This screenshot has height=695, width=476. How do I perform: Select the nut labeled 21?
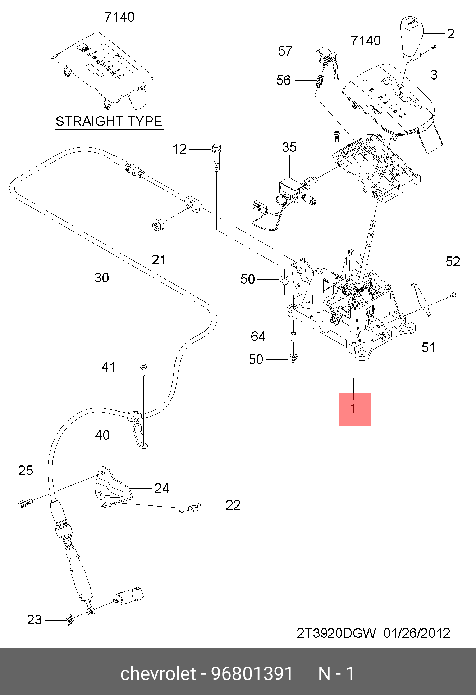click(x=157, y=226)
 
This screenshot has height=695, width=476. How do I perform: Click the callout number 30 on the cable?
click(x=102, y=278)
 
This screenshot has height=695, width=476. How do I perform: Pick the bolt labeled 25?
click(x=24, y=503)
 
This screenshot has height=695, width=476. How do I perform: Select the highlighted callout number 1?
click(x=354, y=409)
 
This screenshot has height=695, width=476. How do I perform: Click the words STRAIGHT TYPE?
click(x=109, y=121)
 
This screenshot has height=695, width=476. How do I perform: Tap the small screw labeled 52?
click(x=453, y=295)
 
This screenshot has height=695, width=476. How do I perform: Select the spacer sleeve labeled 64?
click(x=294, y=337)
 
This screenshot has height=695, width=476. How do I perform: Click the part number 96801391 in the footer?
click(x=252, y=673)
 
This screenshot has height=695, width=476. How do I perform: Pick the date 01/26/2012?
click(x=417, y=633)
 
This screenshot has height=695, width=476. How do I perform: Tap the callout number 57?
click(x=285, y=51)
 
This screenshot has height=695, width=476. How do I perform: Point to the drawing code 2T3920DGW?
click(x=336, y=633)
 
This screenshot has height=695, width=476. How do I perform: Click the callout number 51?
click(x=428, y=347)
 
